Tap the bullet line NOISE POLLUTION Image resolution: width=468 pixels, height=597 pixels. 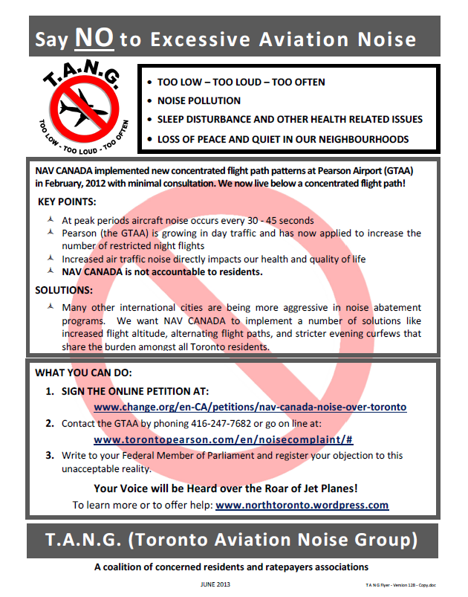click(x=198, y=100)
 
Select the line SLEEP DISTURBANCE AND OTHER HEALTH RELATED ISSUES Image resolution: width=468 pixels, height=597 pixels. click(x=290, y=120)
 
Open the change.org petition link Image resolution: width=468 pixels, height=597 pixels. click(x=250, y=407)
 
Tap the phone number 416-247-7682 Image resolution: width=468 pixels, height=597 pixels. click(x=209, y=424)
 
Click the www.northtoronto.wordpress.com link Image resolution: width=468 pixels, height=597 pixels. click(x=302, y=505)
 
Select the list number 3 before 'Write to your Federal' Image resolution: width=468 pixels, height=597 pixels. click(x=49, y=455)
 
